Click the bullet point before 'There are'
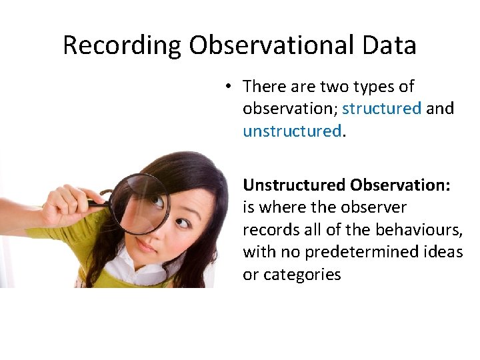click(228, 87)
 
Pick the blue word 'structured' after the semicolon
click(381, 109)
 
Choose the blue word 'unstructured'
click(292, 131)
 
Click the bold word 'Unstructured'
click(294, 185)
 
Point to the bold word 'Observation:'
click(401, 185)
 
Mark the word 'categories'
click(301, 274)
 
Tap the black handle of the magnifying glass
click(99, 202)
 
